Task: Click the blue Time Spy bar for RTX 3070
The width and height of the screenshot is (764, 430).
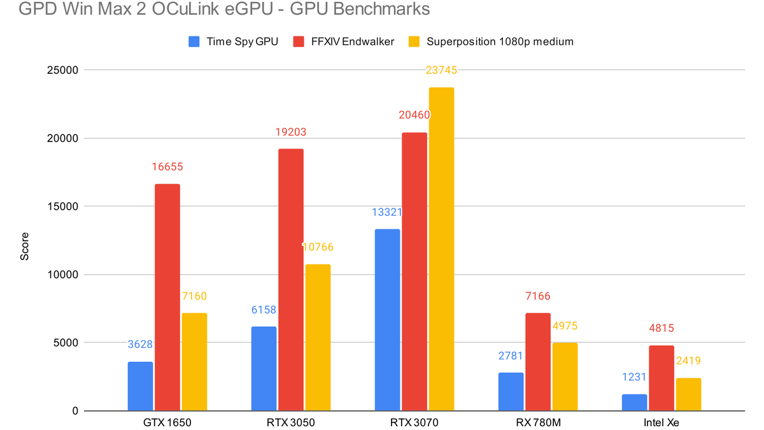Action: pos(387,320)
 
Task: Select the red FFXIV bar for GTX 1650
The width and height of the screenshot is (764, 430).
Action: pos(167,297)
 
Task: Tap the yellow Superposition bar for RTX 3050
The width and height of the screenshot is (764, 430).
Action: pos(318,338)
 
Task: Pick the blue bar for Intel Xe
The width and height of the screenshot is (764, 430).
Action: pos(635,403)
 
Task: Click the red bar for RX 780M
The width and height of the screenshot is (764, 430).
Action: pos(537,362)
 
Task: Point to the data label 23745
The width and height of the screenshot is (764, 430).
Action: pos(441,71)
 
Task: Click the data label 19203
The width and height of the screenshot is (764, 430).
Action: pos(290,133)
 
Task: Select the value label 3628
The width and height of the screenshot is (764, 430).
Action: pos(139,345)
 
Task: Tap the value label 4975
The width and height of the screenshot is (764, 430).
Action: pos(564,326)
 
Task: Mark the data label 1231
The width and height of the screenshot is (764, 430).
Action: pos(633,376)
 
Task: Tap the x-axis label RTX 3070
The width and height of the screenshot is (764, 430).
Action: pos(414,422)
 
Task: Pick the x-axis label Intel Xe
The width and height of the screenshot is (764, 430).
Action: pos(661,422)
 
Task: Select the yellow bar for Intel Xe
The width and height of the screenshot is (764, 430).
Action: pos(688,394)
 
